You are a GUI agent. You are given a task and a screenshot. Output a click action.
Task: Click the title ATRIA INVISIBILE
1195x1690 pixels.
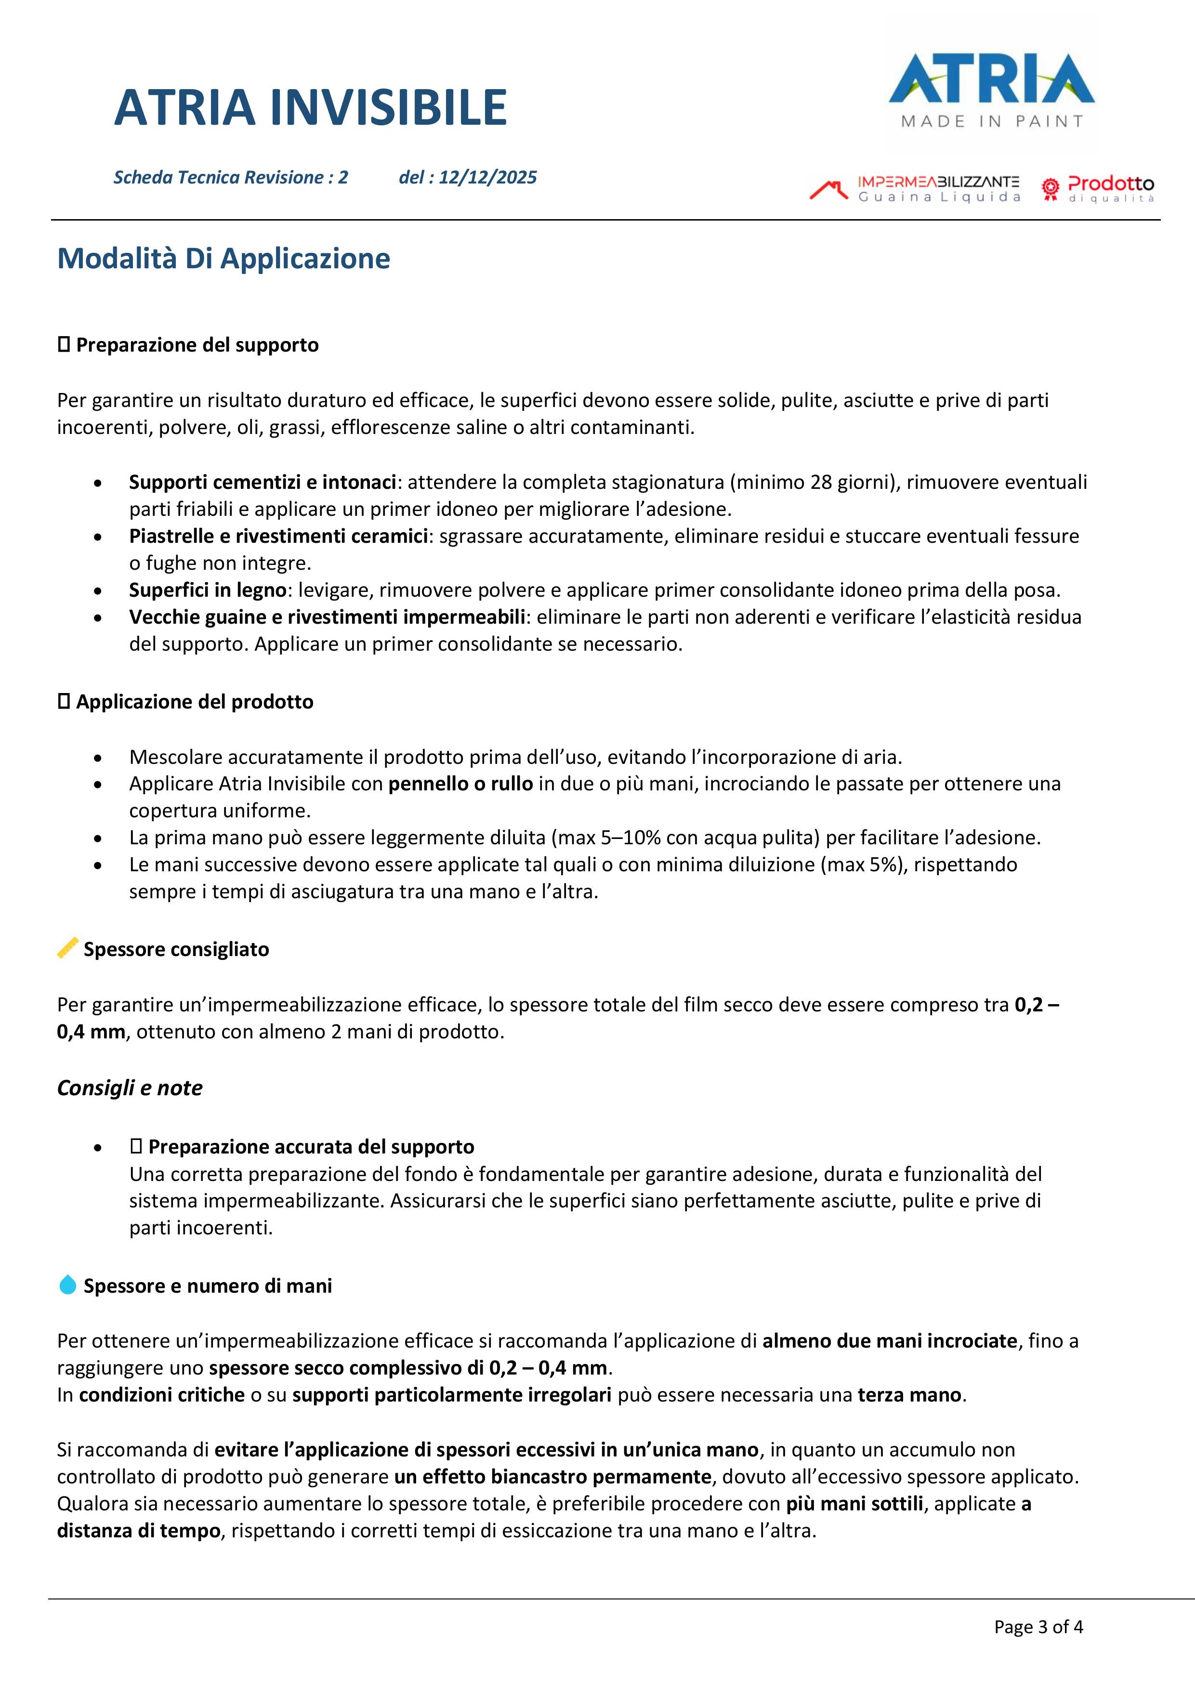point(311,107)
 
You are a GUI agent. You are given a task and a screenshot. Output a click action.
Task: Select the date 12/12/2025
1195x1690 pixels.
point(487,177)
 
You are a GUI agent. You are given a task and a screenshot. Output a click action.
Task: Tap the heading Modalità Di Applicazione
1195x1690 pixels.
point(224,258)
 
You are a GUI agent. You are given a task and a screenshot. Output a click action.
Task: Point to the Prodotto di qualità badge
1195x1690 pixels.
point(1098,189)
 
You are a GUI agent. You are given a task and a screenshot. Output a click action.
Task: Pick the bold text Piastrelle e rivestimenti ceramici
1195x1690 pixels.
point(278,536)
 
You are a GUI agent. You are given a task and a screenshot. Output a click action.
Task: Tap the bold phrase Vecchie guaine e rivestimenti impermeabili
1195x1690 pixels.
point(327,617)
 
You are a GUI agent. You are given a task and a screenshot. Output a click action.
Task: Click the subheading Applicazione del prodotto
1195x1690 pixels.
point(195,701)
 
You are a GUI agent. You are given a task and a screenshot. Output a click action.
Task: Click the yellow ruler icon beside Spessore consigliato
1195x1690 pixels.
point(68,948)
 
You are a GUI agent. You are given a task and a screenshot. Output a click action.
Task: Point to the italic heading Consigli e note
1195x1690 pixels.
point(130,1088)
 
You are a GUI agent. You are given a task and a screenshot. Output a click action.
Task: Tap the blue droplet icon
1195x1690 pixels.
point(68,1285)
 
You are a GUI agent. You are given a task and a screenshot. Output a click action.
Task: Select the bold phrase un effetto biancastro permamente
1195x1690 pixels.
point(552,1477)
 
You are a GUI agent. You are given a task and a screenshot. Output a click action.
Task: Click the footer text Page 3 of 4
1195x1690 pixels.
point(1038,1627)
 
